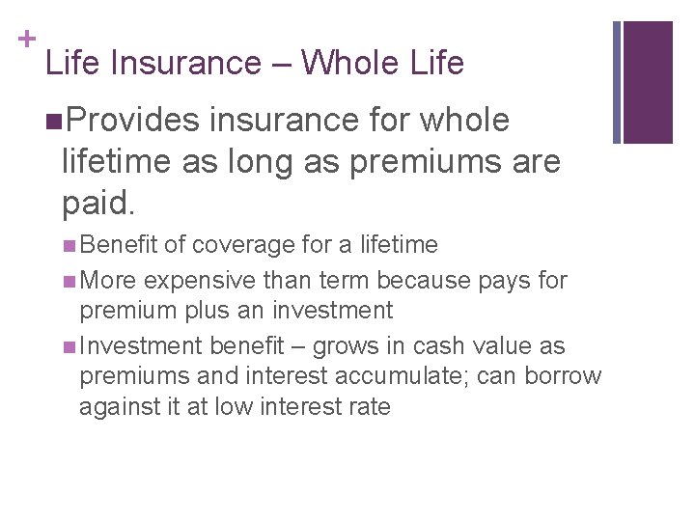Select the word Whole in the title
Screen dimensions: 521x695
click(x=355, y=64)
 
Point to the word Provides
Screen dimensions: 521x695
click(x=135, y=122)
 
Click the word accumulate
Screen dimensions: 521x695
click(x=377, y=376)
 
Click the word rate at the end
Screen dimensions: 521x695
click(x=370, y=406)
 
